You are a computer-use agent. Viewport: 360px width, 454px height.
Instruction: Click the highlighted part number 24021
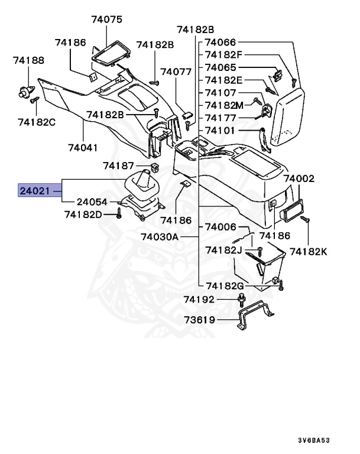[34, 190]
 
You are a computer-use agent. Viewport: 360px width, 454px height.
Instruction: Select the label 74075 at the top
[106, 20]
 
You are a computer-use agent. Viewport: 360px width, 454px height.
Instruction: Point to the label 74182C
[37, 122]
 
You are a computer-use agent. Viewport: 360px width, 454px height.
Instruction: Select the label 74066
[220, 43]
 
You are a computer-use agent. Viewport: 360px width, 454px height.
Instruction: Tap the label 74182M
[224, 105]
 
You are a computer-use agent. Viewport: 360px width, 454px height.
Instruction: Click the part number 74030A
[160, 236]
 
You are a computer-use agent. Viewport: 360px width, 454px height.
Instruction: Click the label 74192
[199, 300]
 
